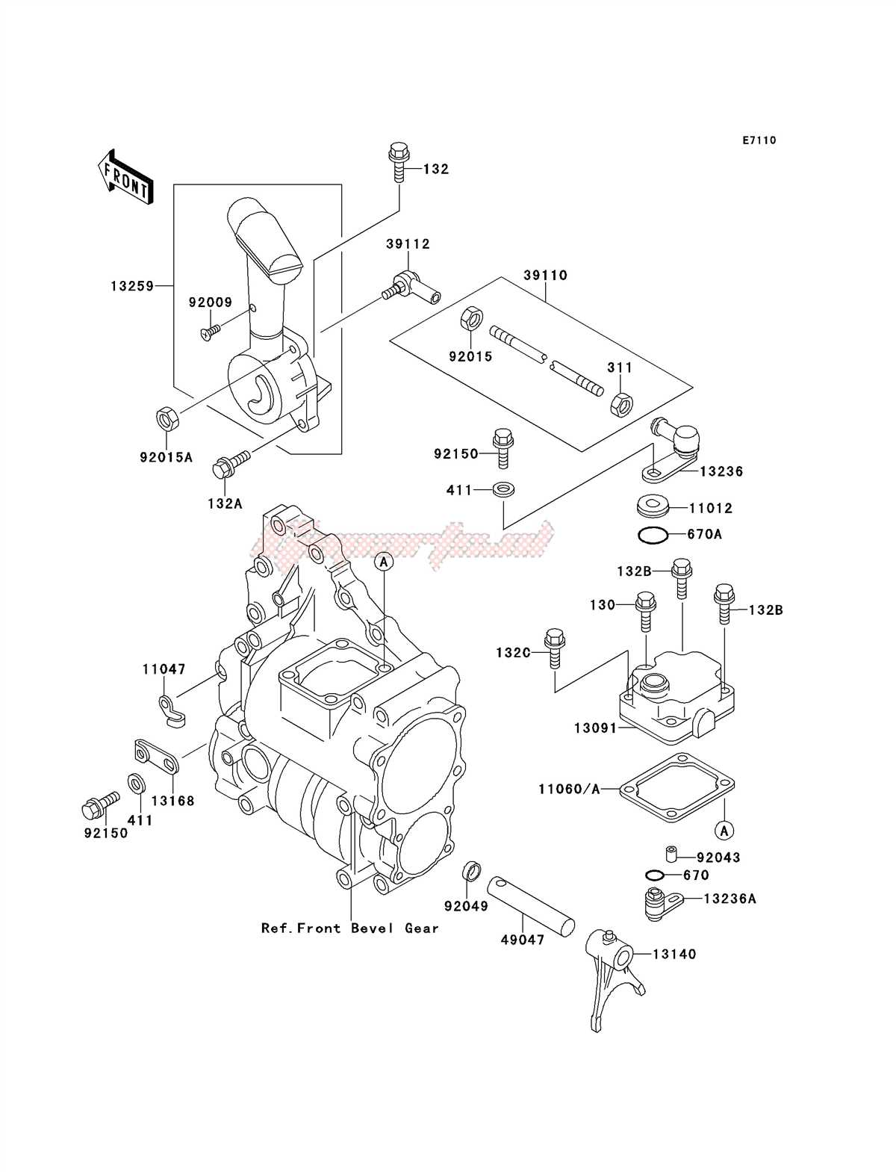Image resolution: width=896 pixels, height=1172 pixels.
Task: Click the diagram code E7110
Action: (x=759, y=140)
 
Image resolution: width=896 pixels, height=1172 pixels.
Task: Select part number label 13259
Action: (x=132, y=285)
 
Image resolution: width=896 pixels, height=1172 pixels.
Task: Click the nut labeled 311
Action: (x=620, y=405)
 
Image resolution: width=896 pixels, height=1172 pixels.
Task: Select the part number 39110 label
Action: (x=545, y=275)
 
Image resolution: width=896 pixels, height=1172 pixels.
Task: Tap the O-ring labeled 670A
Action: (x=652, y=535)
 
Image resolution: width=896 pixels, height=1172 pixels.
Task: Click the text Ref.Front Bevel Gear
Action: (x=349, y=928)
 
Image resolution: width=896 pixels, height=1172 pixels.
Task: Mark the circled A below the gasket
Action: (x=723, y=829)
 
